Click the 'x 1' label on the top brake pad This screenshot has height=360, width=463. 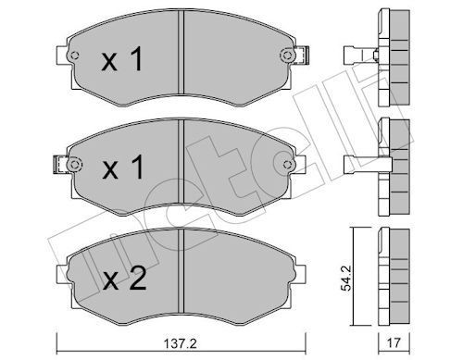pos(121,62)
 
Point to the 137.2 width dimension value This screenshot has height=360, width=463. pos(182,341)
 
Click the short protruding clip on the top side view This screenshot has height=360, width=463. pos(356,55)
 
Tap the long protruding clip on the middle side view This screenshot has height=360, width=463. pos(360,165)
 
